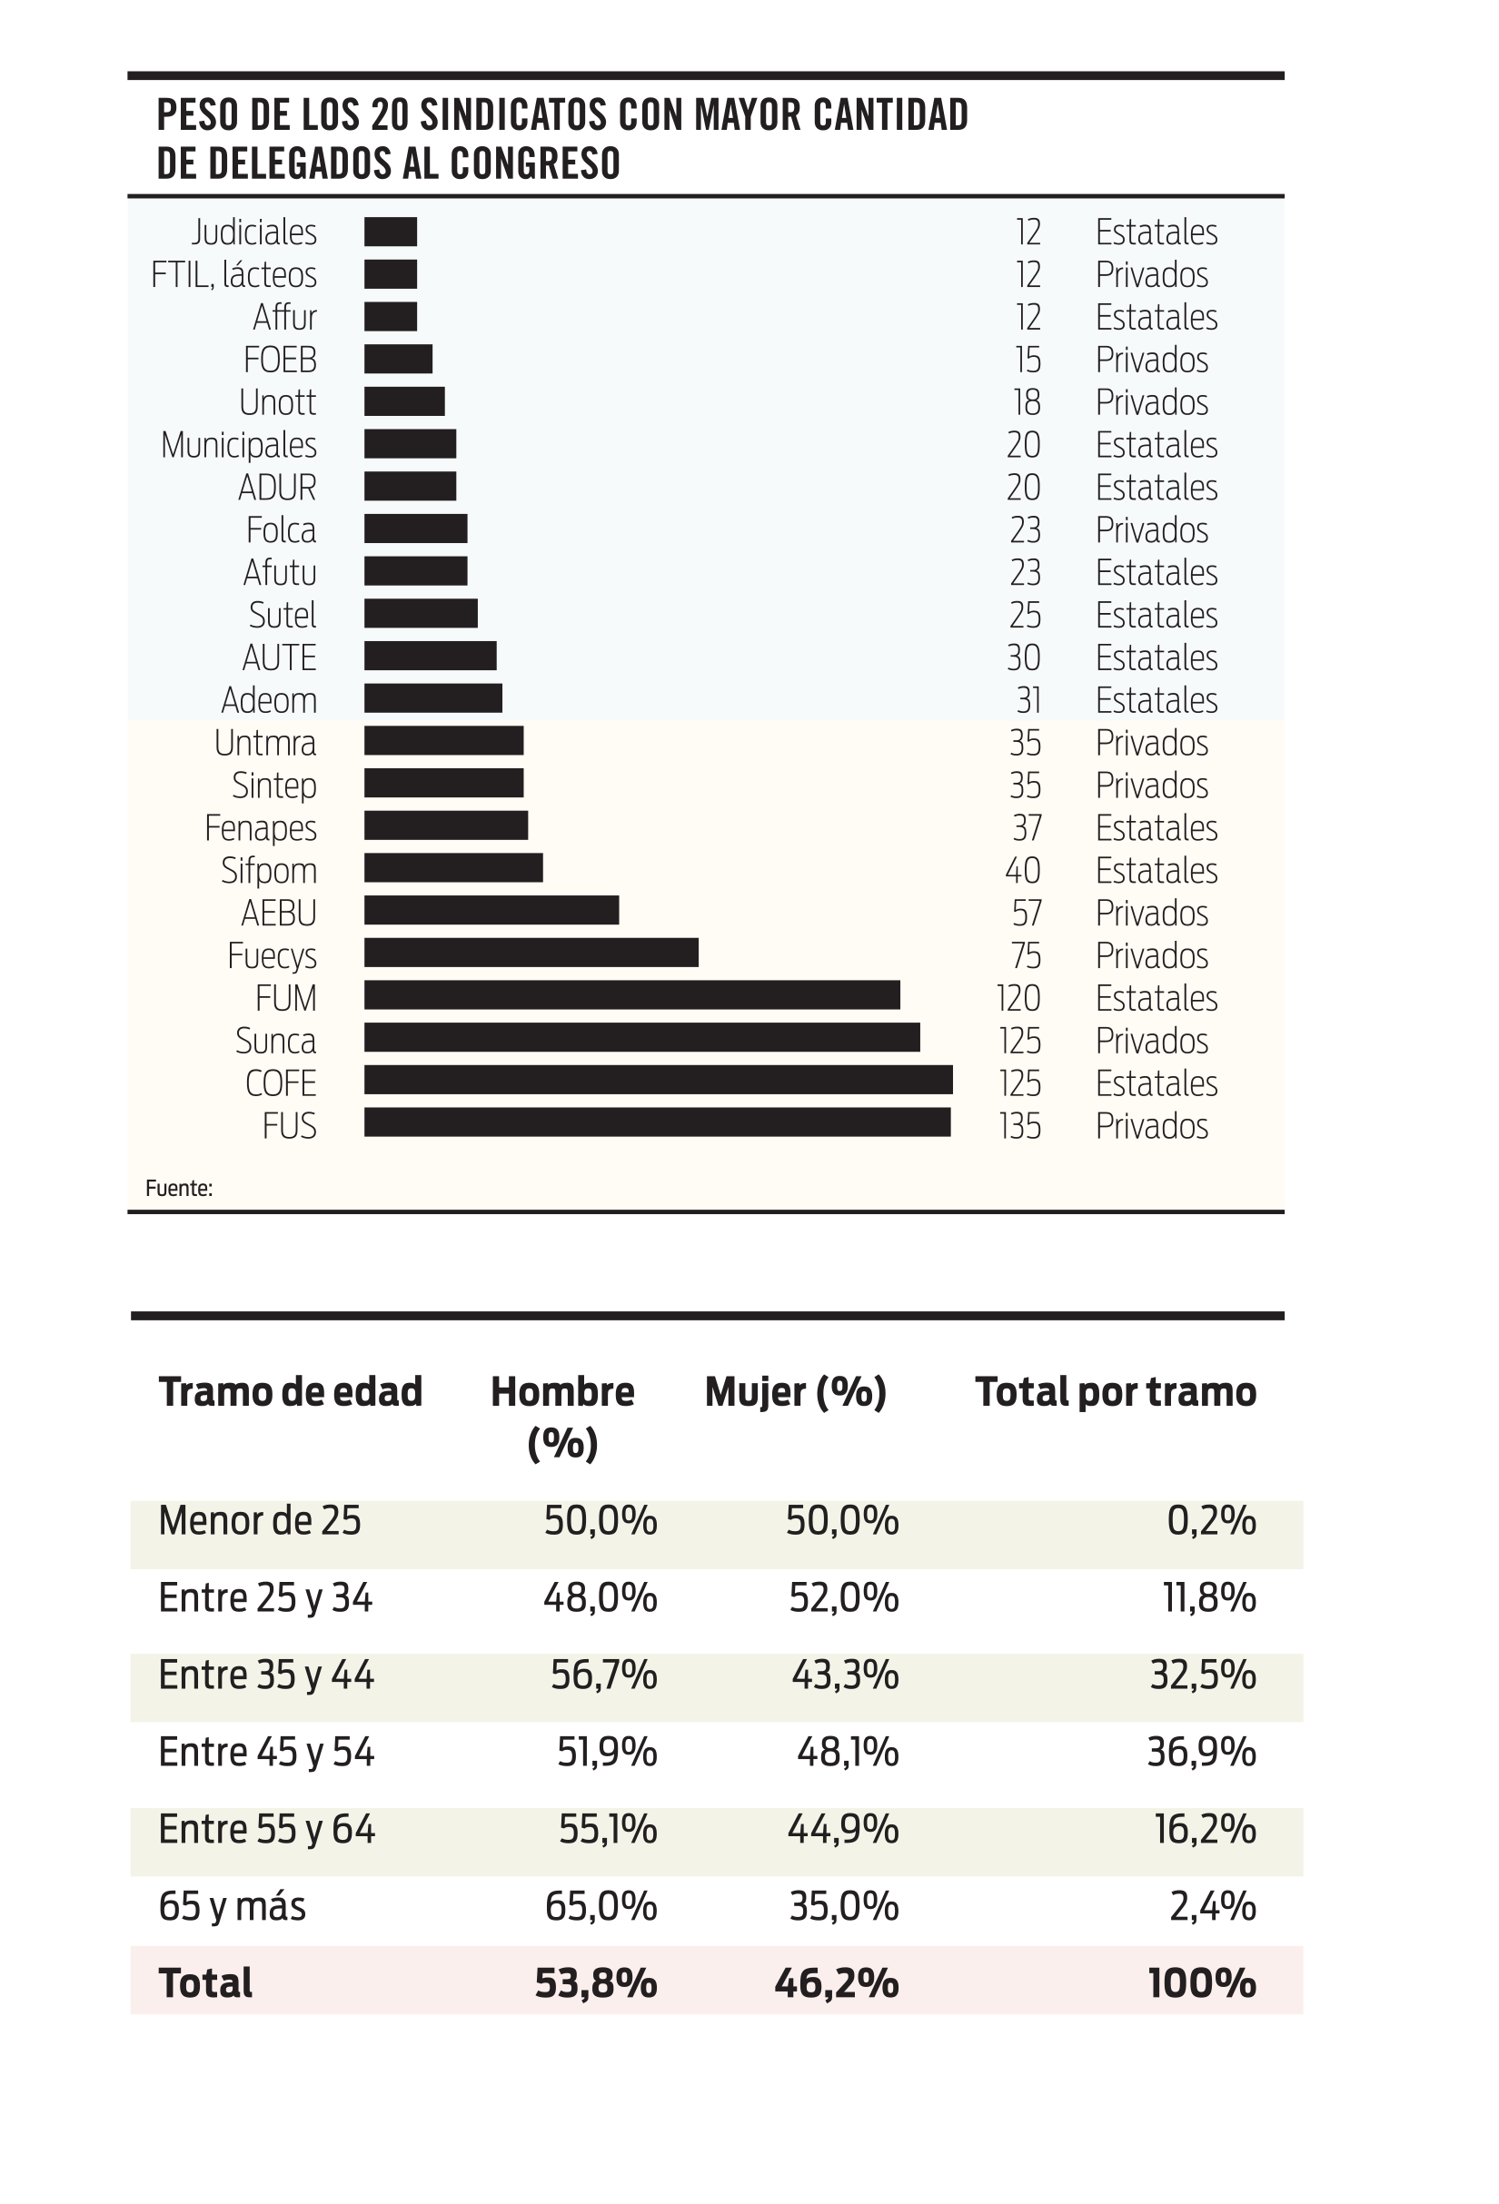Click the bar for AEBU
click(x=491, y=911)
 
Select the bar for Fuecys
click(x=531, y=954)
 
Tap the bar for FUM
click(x=632, y=996)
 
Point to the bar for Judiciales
click(x=390, y=232)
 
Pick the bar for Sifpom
click(x=453, y=868)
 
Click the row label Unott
click(x=277, y=402)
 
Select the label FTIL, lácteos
click(x=233, y=275)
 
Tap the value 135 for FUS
click(x=1020, y=1126)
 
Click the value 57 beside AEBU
click(x=1027, y=914)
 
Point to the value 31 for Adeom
click(x=1028, y=700)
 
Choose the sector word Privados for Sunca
click(x=1152, y=1041)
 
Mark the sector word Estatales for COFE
click(x=1157, y=1083)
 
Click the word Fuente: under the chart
click(x=178, y=1189)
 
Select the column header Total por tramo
click(x=1116, y=1392)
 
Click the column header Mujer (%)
click(x=795, y=1392)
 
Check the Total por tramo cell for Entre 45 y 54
click(x=1201, y=1752)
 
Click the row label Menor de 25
click(x=260, y=1521)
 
